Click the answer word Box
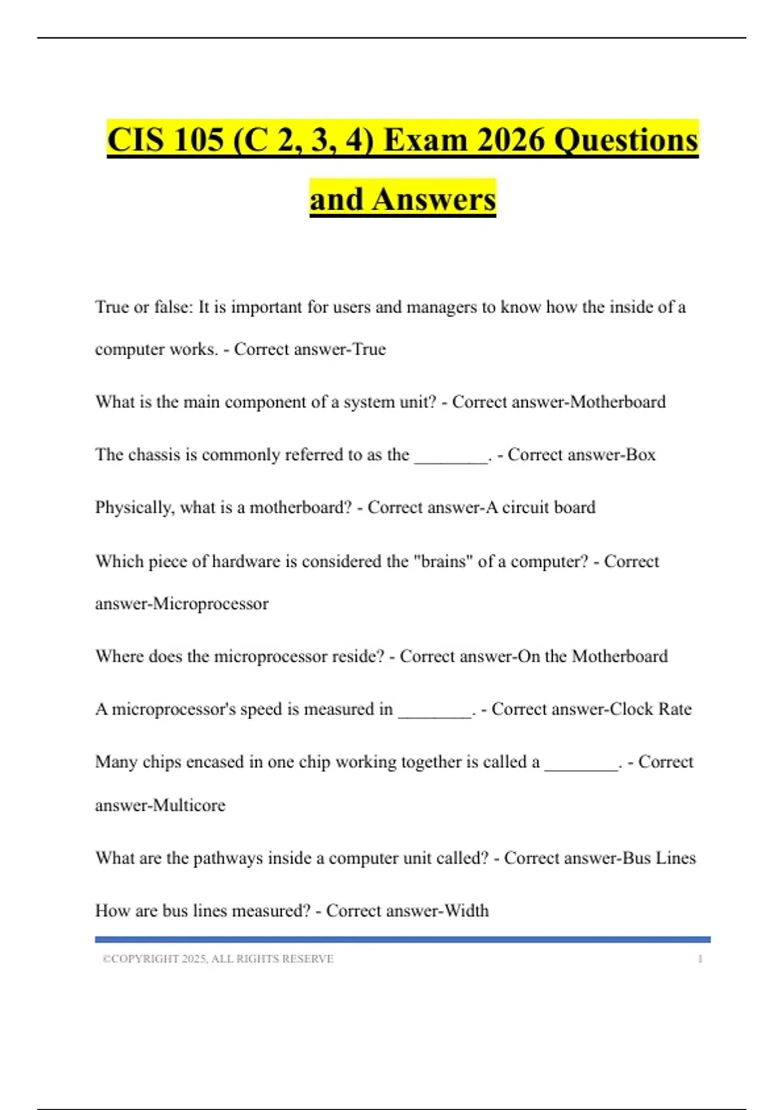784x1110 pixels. [640, 454]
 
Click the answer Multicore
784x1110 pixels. [189, 805]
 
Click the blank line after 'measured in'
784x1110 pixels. [435, 714]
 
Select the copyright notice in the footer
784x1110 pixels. [218, 959]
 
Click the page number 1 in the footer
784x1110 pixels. [700, 959]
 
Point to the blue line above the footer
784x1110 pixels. [402, 940]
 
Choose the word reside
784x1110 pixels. [357, 656]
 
